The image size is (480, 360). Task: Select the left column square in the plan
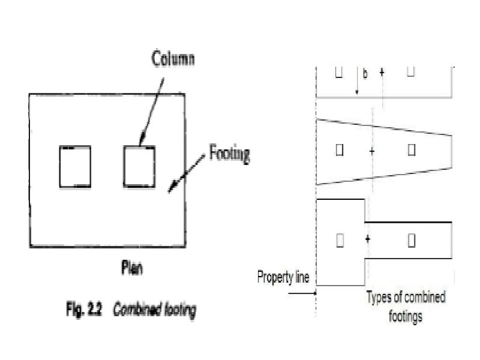(x=75, y=166)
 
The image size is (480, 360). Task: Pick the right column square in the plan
(x=139, y=166)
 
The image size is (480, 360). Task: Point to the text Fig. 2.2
(x=83, y=312)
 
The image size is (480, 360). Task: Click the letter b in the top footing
(x=365, y=74)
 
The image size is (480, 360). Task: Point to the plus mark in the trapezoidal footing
(x=372, y=151)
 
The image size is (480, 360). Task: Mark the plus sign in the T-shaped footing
(x=367, y=239)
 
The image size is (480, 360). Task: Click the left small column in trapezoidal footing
(x=340, y=150)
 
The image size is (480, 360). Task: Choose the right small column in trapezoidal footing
(x=412, y=150)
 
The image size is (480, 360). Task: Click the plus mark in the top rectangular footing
(x=382, y=72)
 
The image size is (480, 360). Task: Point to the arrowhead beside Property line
(x=313, y=293)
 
